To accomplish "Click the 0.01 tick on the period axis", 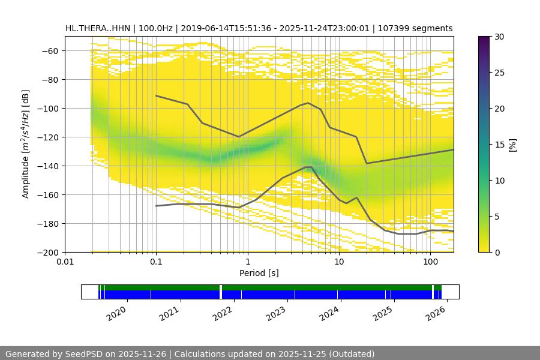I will pyautogui.click(x=65, y=262).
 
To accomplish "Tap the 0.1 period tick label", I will pyautogui.click(x=156, y=262).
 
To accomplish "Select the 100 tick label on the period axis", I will pyautogui.click(x=430, y=262).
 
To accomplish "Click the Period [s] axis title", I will pyautogui.click(x=259, y=274).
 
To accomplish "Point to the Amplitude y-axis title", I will pyautogui.click(x=25, y=144).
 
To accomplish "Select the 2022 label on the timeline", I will pyautogui.click(x=223, y=313).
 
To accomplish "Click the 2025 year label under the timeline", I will pyautogui.click(x=382, y=313).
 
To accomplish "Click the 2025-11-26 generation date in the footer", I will pyautogui.click(x=145, y=354).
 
